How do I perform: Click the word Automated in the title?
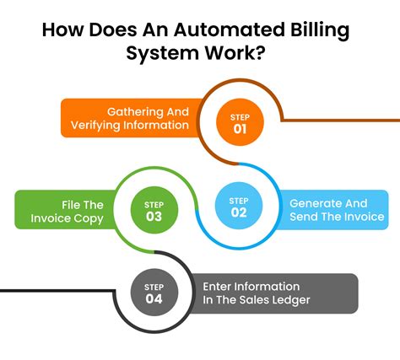[x=239, y=30]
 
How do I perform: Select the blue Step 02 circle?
[x=237, y=207]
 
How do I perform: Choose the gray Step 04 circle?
[x=155, y=292]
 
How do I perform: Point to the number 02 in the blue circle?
[x=237, y=214]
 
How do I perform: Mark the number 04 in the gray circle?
[x=155, y=298]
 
